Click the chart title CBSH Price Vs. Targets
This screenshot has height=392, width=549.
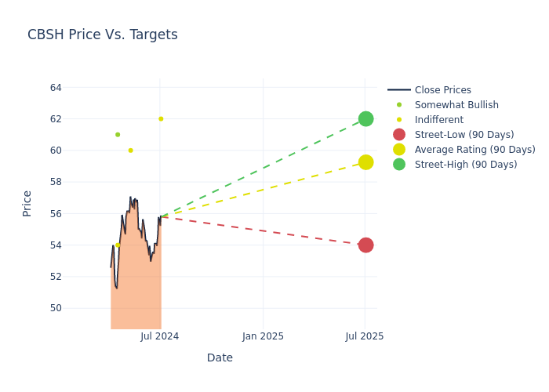[x=102, y=34]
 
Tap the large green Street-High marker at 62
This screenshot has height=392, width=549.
[x=365, y=119]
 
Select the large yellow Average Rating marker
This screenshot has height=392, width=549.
[x=365, y=162]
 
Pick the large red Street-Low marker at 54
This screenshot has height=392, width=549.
[x=365, y=245]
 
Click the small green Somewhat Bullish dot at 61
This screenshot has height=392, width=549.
[x=118, y=135]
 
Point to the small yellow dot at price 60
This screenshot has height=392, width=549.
[x=130, y=151]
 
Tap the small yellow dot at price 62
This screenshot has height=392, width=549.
[x=161, y=119]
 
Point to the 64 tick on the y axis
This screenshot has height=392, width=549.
[x=56, y=88]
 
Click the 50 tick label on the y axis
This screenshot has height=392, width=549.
[x=56, y=308]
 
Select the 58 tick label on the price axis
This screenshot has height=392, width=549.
[x=56, y=182]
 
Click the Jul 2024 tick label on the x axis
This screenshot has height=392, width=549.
[x=160, y=336]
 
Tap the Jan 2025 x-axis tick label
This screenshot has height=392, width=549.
[x=263, y=336]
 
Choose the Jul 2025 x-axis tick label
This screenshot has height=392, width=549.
[x=365, y=336]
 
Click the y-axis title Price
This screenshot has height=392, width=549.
[x=27, y=203]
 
